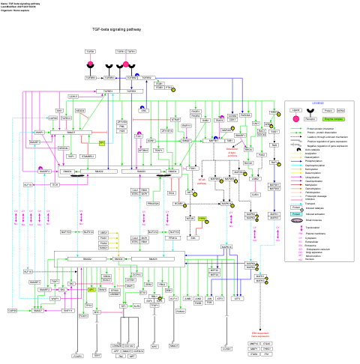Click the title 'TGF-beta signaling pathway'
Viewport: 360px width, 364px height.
click(x=116, y=29)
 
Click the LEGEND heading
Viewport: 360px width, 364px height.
click(x=317, y=103)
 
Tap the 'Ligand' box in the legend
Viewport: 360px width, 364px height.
click(x=297, y=110)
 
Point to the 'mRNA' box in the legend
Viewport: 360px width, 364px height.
click(x=340, y=110)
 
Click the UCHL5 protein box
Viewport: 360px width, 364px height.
click(x=73, y=97)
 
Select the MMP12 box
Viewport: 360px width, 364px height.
click(x=296, y=342)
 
